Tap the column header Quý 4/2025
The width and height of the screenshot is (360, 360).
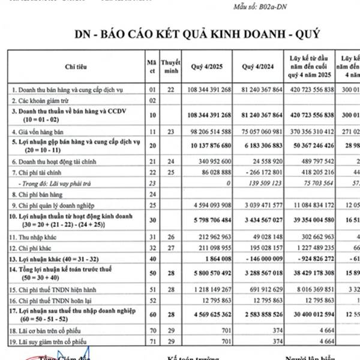pos(209,67)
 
